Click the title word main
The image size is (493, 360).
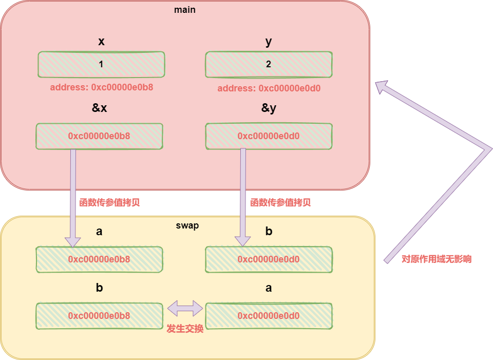[x=185, y=10]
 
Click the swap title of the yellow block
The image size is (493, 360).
[x=187, y=225]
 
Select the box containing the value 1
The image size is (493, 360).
[x=101, y=65]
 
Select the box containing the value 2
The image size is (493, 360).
[x=269, y=65]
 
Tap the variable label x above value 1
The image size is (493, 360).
[x=101, y=42]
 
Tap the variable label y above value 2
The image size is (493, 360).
[x=269, y=42]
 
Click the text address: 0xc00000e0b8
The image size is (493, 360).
[x=102, y=87]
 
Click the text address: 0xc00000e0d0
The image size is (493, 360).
[x=269, y=88]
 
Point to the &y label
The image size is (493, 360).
[x=269, y=108]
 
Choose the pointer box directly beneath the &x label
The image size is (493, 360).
[x=99, y=136]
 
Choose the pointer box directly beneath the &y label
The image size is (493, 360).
[x=269, y=136]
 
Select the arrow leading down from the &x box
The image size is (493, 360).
[x=73, y=195]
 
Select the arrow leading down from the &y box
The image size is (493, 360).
[x=242, y=195]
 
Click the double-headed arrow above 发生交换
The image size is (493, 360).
[x=185, y=309]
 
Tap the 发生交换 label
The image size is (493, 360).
[x=185, y=329]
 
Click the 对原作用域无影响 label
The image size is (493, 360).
[x=436, y=259]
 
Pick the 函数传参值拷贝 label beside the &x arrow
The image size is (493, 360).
[x=109, y=202]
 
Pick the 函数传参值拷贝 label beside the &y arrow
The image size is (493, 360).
[x=280, y=202]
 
